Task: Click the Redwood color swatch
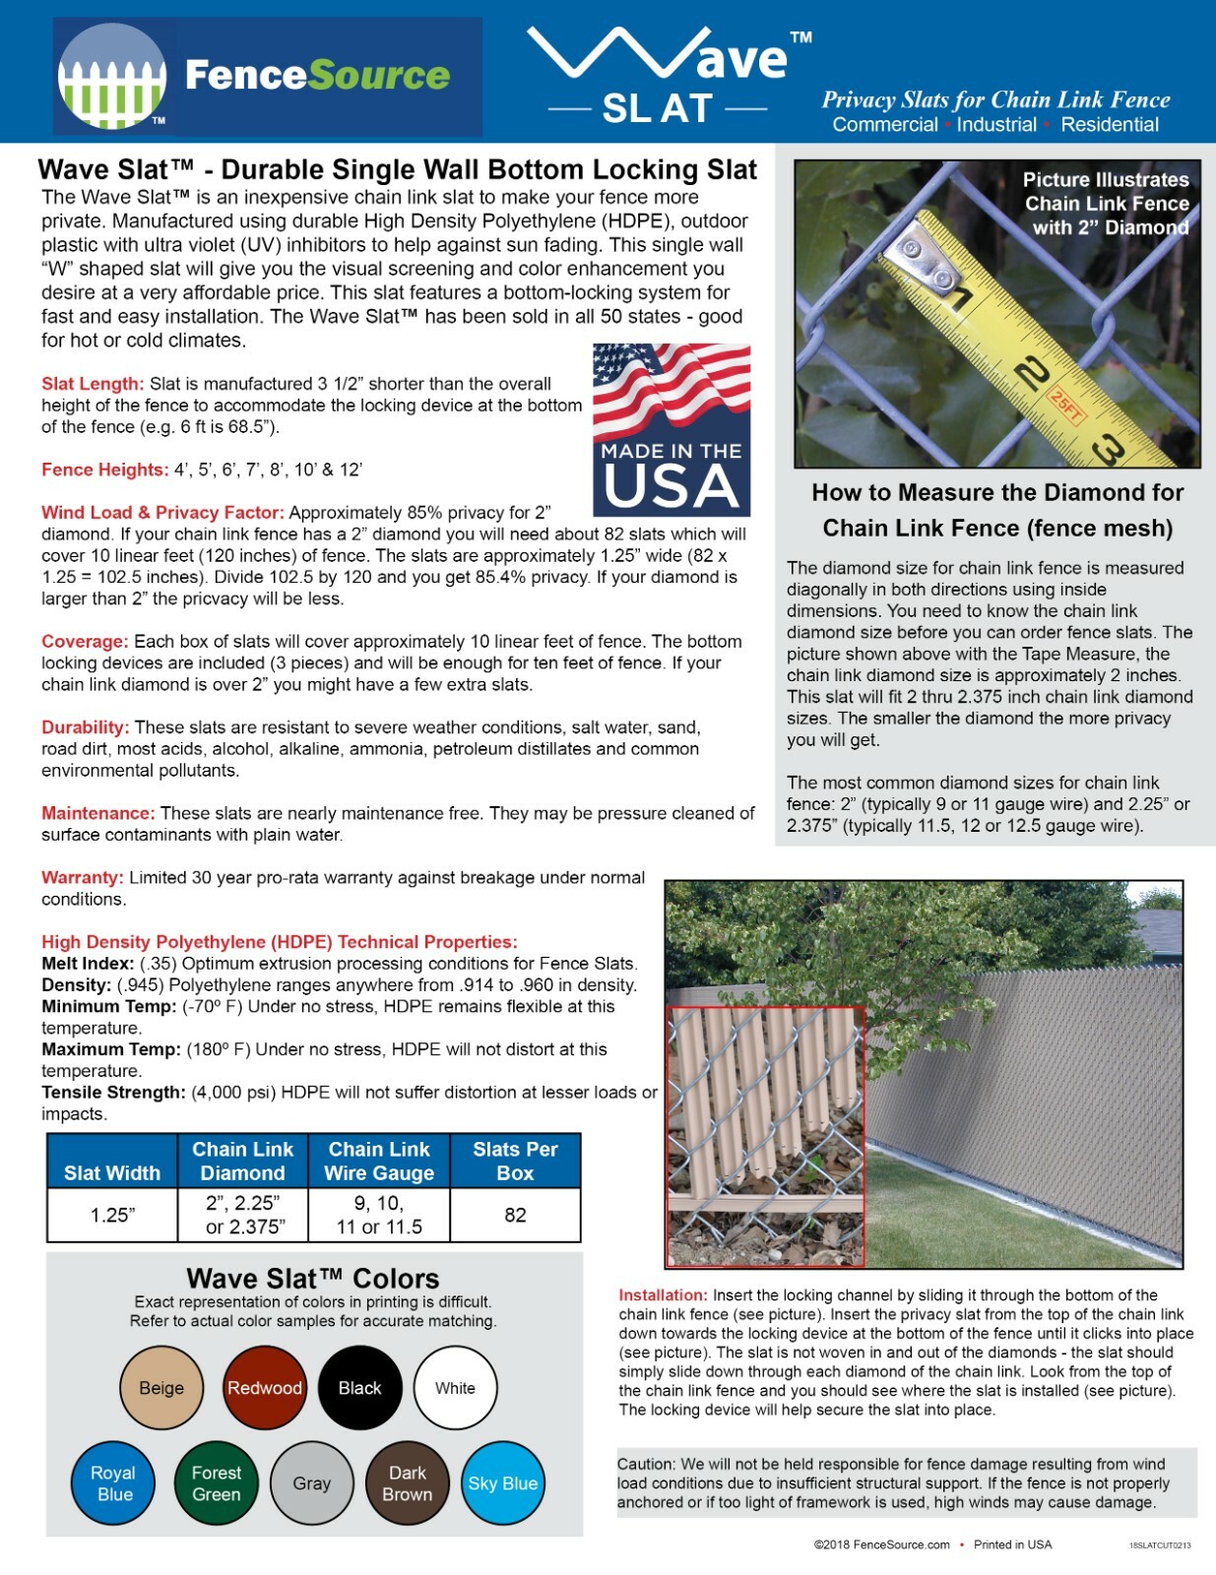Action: click(x=265, y=1388)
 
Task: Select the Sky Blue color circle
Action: click(x=502, y=1483)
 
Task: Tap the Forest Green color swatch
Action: click(x=216, y=1483)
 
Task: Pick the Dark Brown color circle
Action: click(x=408, y=1483)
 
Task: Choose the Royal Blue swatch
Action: click(x=114, y=1483)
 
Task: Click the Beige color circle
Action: click(x=161, y=1388)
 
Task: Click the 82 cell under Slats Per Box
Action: click(x=515, y=1215)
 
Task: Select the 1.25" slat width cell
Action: click(x=112, y=1215)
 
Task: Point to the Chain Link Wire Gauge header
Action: click(x=379, y=1162)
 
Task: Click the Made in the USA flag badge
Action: click(x=672, y=430)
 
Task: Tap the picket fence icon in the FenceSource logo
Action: click(x=111, y=79)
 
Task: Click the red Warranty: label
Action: click(x=83, y=877)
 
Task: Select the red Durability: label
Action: click(x=86, y=727)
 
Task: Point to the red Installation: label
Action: click(x=663, y=1295)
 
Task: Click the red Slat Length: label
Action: click(x=93, y=384)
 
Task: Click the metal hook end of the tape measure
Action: click(x=922, y=261)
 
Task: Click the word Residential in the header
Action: click(x=1110, y=125)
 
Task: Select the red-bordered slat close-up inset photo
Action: click(x=766, y=1136)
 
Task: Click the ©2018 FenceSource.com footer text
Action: click(x=881, y=1544)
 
